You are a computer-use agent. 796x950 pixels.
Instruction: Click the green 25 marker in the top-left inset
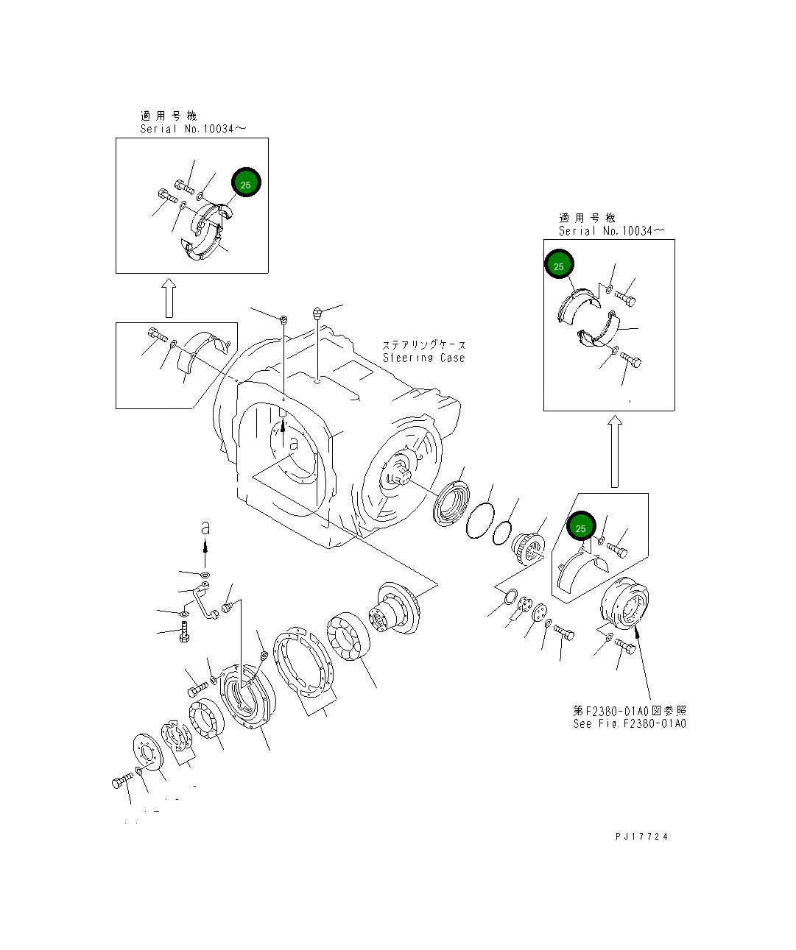246,184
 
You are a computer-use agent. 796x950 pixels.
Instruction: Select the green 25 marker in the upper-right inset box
559,265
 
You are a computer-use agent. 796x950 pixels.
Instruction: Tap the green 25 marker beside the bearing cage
580,528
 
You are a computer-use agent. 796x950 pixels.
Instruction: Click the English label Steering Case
423,358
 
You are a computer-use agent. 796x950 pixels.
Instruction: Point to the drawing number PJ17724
642,837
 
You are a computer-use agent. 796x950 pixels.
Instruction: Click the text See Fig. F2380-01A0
629,723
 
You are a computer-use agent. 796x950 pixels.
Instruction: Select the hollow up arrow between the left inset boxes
169,298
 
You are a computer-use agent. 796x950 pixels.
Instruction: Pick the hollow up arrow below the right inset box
615,452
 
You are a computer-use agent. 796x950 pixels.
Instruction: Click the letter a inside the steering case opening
293,444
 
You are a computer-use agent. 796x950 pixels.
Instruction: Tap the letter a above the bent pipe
205,528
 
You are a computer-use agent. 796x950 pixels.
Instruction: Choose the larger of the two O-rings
479,524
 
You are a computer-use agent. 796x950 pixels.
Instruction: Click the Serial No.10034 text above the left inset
193,129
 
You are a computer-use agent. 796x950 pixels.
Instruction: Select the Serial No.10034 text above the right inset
610,231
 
